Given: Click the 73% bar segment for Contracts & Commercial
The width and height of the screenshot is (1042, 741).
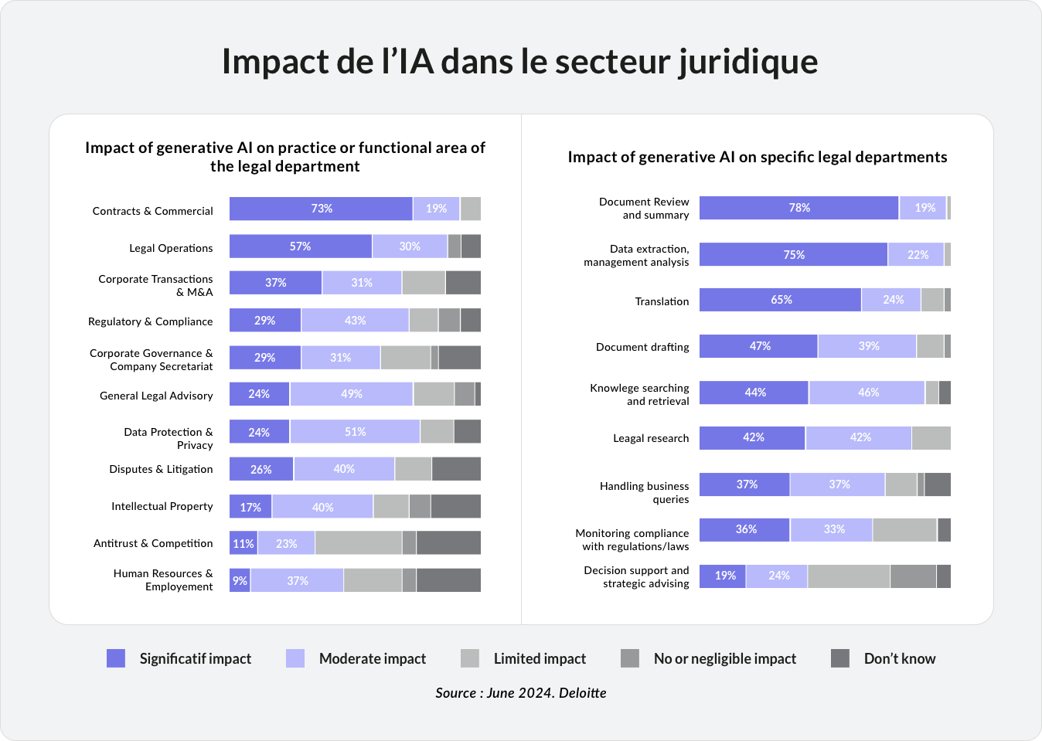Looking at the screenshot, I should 321,209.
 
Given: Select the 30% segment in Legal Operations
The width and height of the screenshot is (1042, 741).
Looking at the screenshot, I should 410,246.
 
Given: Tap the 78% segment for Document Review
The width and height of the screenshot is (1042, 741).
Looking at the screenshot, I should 799,208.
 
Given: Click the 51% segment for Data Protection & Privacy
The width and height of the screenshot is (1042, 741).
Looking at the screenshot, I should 355,432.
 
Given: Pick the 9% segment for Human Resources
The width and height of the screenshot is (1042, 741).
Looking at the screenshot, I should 240,580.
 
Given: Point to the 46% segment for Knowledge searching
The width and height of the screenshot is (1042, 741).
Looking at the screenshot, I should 867,393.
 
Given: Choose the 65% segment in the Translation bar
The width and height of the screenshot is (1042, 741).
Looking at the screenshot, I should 780,300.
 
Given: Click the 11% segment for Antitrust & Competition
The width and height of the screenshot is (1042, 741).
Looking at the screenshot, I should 243,543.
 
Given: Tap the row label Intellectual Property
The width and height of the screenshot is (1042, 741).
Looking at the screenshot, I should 162,506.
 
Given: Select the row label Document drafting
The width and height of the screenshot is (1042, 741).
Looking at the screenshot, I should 642,347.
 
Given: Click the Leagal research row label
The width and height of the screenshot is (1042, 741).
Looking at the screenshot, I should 651,438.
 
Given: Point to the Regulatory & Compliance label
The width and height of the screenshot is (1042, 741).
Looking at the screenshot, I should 150,321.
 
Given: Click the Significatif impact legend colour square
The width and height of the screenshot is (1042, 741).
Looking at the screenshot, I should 116,658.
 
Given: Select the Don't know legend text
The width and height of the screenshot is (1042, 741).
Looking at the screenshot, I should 899,659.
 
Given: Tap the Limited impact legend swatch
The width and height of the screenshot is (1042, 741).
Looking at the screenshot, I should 470,658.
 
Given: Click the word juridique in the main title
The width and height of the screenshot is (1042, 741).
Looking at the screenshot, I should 747,62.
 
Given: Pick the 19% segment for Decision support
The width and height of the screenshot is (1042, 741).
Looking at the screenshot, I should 724,576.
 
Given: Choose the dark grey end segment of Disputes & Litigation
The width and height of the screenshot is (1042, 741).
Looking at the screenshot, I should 456,469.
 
